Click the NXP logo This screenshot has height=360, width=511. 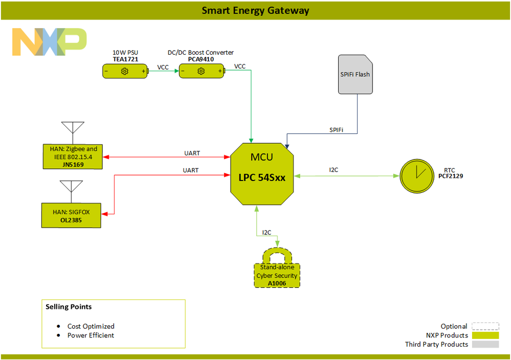(49, 42)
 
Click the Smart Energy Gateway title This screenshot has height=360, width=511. (255, 10)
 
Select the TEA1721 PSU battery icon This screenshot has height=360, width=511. (125, 72)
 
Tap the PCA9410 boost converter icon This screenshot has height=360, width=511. (202, 72)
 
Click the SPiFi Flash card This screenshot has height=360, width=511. (355, 75)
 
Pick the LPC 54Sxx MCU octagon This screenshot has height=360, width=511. (262, 171)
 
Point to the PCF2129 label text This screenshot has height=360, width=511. (451, 176)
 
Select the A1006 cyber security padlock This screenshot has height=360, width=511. (277, 271)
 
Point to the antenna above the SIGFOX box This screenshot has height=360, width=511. (71, 190)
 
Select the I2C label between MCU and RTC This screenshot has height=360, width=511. (334, 170)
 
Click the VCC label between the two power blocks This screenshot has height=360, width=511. (163, 67)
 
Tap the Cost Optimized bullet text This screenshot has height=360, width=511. (91, 326)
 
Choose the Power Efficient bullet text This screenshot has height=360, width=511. (91, 335)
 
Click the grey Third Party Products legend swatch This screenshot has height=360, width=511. (484, 345)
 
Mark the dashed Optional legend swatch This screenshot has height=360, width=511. (484, 326)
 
